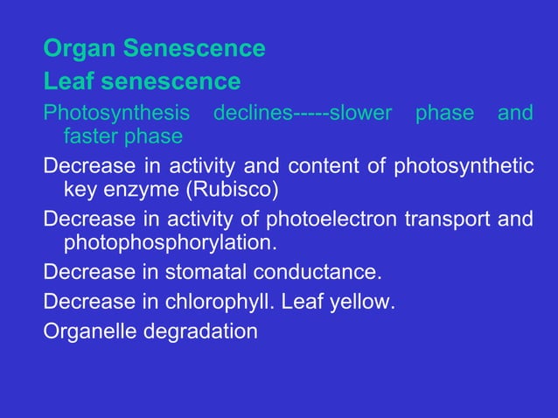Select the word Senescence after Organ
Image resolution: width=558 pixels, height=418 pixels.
pos(193,49)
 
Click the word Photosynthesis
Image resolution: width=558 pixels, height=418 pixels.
pos(116,115)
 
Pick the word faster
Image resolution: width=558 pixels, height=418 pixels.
pos(91,136)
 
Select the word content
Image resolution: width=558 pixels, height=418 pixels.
pos(317,167)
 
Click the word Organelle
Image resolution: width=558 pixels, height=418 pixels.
pos(86,333)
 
